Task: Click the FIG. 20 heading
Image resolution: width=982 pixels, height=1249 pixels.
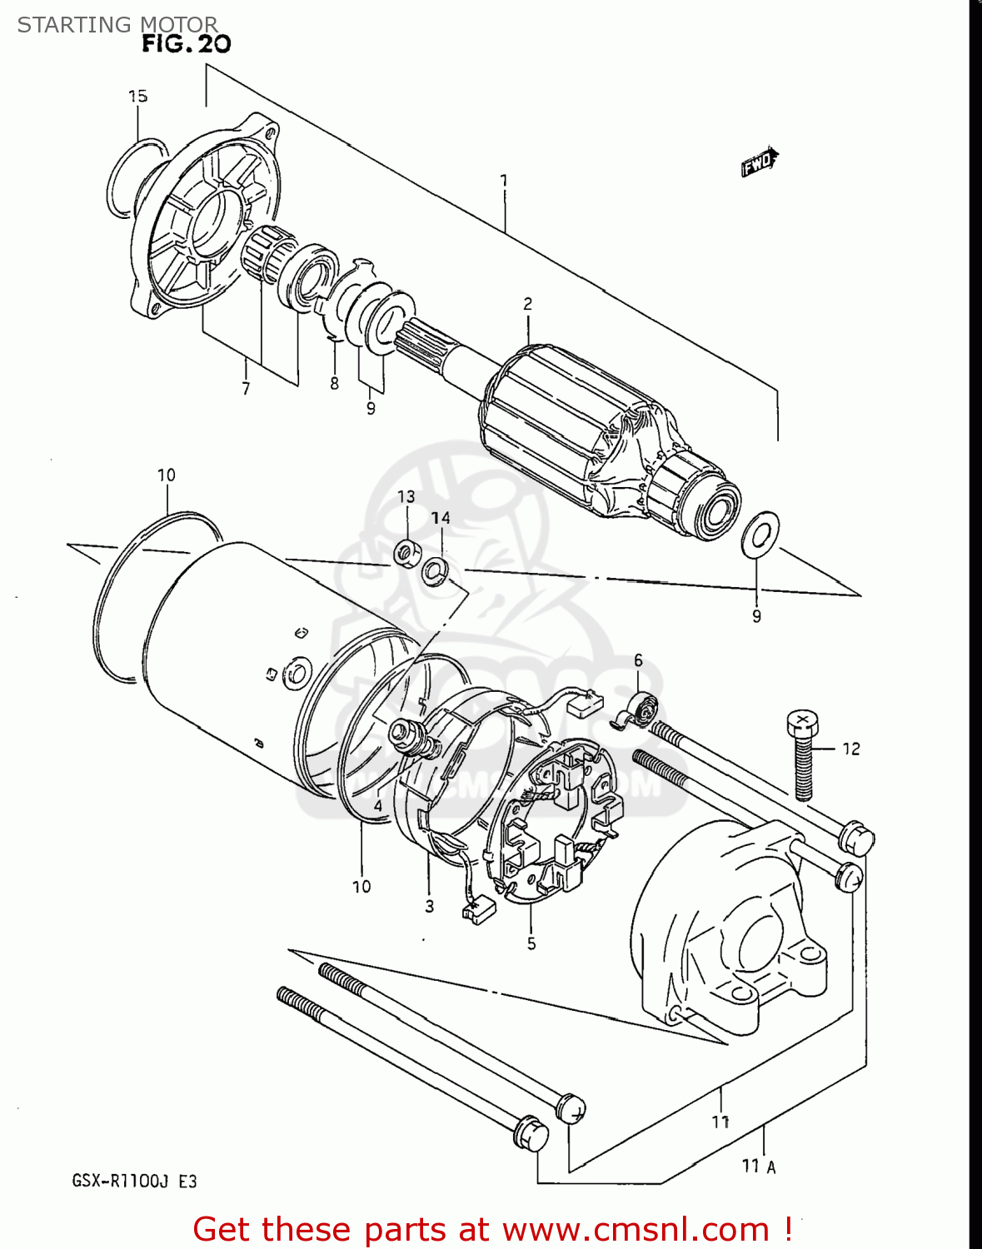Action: point(186,43)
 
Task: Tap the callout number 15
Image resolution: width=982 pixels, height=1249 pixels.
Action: point(137,97)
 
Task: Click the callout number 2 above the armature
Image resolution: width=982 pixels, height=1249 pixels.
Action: point(527,305)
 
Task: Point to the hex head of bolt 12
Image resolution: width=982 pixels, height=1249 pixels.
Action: point(802,724)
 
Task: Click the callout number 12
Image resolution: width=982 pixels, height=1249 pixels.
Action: point(850,749)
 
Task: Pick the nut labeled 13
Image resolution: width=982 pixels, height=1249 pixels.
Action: point(406,551)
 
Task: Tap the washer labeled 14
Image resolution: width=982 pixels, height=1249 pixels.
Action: point(435,571)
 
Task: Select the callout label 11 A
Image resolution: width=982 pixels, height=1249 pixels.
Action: point(759,1166)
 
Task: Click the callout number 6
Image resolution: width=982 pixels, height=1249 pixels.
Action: point(638,660)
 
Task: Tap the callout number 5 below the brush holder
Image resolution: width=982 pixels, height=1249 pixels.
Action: point(531,943)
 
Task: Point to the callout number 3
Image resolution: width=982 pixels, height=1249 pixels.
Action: point(429,906)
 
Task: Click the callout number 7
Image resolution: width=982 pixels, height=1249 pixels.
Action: point(246,388)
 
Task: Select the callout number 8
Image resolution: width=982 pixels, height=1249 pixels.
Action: point(334,383)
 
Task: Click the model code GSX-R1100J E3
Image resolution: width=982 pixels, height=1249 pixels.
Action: point(134,1181)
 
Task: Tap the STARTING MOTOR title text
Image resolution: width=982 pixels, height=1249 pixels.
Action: point(117,25)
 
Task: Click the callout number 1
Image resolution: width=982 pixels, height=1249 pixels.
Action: point(503,181)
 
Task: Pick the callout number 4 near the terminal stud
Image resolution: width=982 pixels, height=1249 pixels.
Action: point(378,806)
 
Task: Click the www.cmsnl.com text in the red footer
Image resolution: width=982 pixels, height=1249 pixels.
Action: point(636,1229)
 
